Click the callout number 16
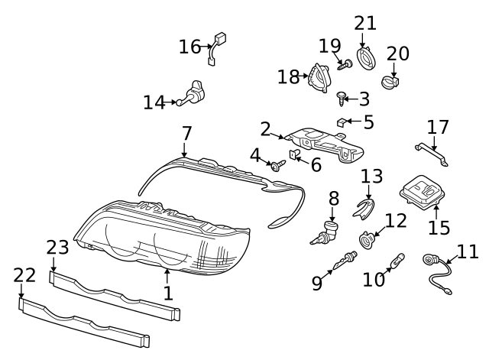click(189, 47)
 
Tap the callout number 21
click(365, 23)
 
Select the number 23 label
click(57, 248)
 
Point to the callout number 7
click(186, 133)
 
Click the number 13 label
click(371, 177)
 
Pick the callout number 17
click(438, 126)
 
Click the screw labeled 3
click(342, 96)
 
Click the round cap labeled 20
click(391, 80)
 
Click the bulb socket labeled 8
click(329, 229)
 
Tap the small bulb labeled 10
click(397, 263)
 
